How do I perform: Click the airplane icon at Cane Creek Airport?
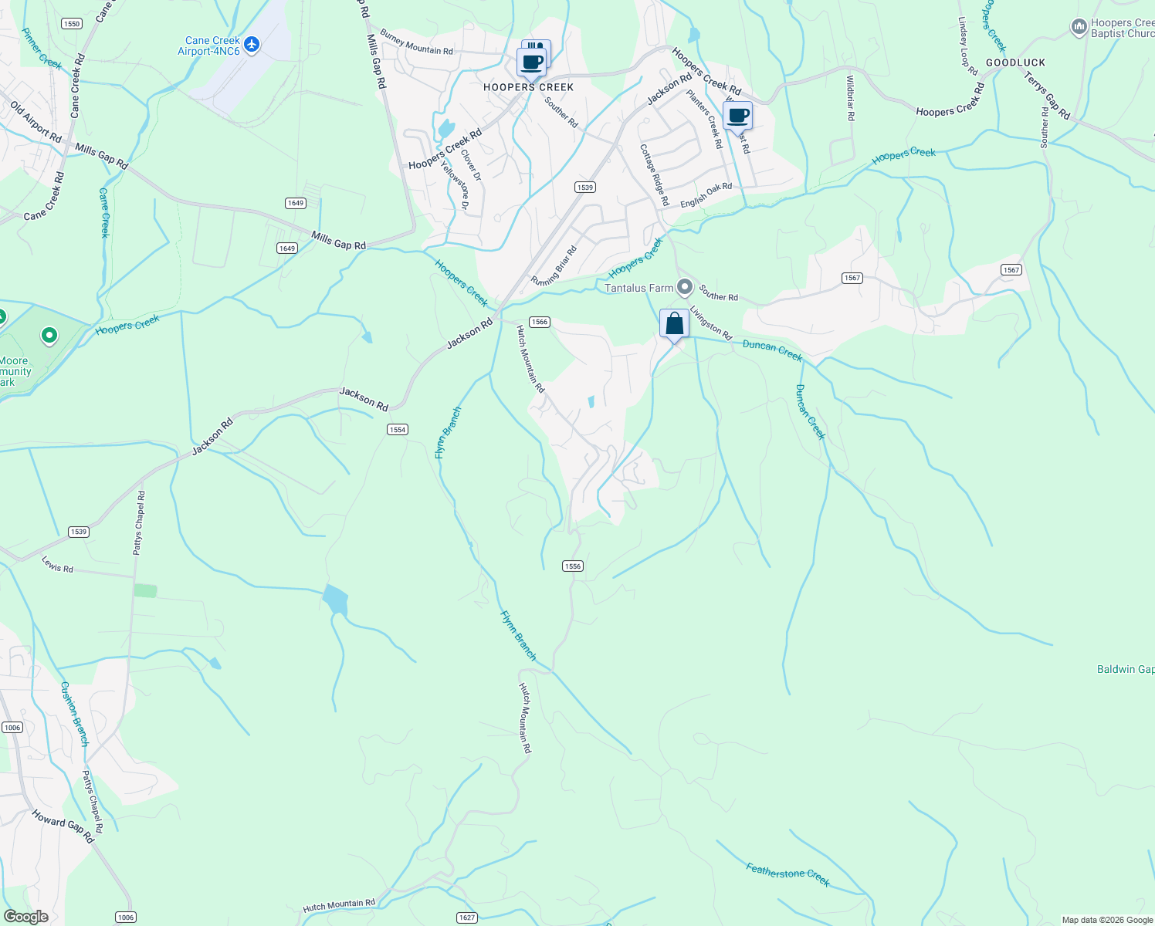(251, 46)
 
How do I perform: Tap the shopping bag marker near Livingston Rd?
(674, 323)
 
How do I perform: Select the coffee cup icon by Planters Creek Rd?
(737, 116)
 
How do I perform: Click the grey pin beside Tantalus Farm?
(684, 288)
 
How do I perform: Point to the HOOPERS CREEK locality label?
(528, 87)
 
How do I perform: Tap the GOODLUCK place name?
(1015, 63)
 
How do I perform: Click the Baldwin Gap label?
(1125, 669)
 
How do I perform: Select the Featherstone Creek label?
(787, 874)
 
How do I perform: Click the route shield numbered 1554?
(397, 430)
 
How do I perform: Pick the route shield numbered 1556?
(572, 566)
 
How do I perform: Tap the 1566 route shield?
(539, 322)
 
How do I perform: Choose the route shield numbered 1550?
(71, 24)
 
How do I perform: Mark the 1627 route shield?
(466, 918)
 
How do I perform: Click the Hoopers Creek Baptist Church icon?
(1079, 28)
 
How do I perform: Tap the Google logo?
(25, 917)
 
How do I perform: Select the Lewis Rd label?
(58, 565)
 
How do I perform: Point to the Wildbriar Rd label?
(850, 98)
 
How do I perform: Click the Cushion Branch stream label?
(75, 714)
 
